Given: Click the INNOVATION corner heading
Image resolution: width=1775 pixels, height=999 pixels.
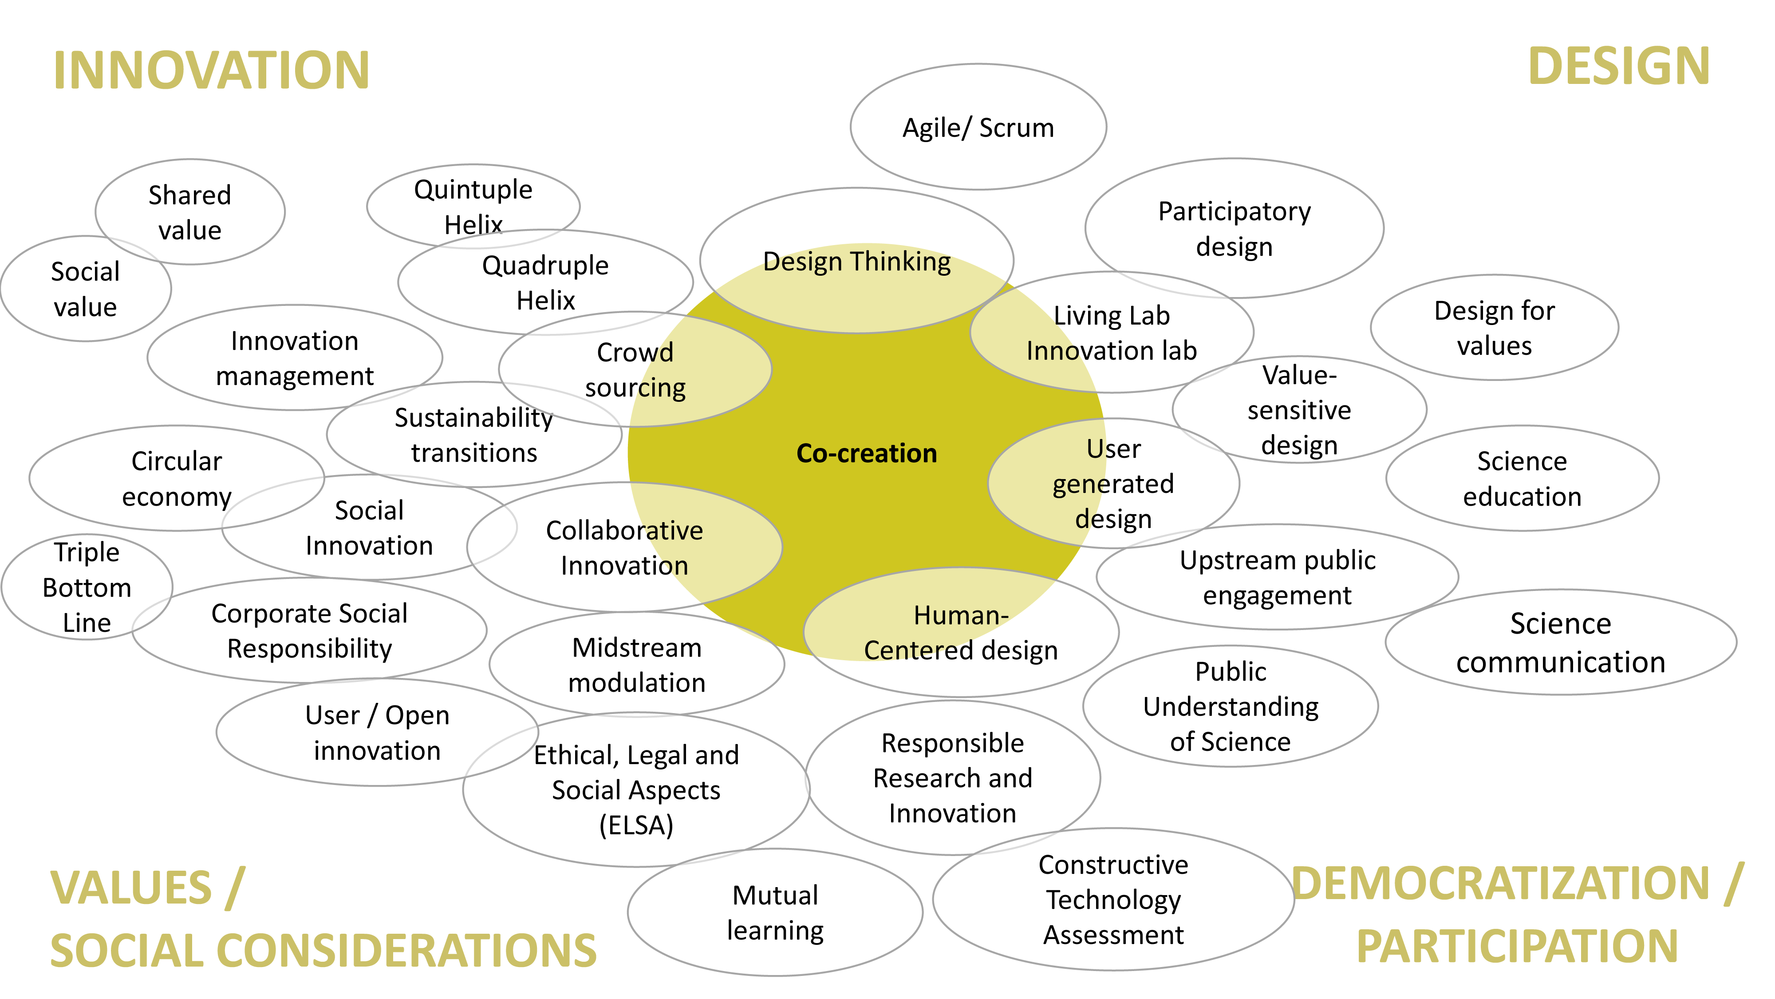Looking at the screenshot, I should point(211,70).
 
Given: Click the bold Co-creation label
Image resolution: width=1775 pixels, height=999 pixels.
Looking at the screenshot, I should point(866,454).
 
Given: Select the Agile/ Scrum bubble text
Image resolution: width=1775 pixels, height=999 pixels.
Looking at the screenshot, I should point(978,128).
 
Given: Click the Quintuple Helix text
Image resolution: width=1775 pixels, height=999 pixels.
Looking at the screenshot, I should point(473,206).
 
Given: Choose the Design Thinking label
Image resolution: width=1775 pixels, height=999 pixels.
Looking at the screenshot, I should point(856,262).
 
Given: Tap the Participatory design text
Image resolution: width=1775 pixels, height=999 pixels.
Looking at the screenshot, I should point(1234,229).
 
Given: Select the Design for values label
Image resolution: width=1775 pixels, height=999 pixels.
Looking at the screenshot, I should point(1494,328).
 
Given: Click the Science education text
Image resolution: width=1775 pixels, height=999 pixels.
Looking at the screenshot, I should point(1522,479).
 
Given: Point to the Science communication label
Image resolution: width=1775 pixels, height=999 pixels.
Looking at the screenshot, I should point(1560,642).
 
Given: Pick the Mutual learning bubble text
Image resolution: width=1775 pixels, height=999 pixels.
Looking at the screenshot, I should point(775,913).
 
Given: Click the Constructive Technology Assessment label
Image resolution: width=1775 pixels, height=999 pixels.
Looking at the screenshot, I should point(1113,900).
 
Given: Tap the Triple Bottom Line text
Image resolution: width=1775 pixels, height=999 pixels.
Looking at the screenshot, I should point(87,587).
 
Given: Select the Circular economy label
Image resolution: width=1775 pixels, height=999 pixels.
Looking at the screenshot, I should point(177,479).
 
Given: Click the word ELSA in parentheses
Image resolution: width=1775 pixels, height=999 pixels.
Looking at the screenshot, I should point(635,825).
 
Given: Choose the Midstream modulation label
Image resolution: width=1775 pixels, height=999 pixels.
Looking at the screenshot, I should point(637,665).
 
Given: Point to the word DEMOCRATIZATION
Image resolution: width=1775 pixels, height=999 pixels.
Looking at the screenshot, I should point(1500,884).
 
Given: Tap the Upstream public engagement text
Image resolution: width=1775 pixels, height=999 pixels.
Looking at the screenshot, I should point(1277,578).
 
